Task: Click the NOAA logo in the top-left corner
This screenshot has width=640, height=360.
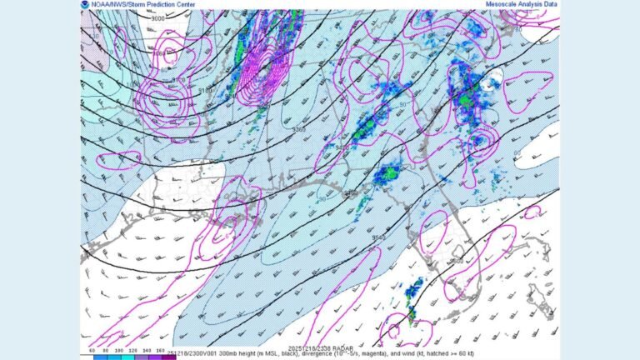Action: pos(86,5)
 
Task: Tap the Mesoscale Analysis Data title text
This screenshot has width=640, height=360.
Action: pos(522,5)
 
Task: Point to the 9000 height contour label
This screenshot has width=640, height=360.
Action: pos(157,18)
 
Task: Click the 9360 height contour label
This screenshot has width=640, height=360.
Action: pos(297,129)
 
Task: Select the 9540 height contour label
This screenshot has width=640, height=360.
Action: pos(379,237)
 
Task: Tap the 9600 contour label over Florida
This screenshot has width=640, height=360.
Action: pos(457,261)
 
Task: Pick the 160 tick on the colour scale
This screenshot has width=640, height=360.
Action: pos(159,351)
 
